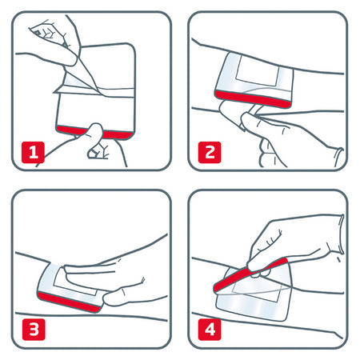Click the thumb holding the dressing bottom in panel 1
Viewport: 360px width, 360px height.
(98, 138)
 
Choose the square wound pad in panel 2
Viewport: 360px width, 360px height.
(254, 75)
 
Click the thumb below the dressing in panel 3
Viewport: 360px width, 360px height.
(120, 298)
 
